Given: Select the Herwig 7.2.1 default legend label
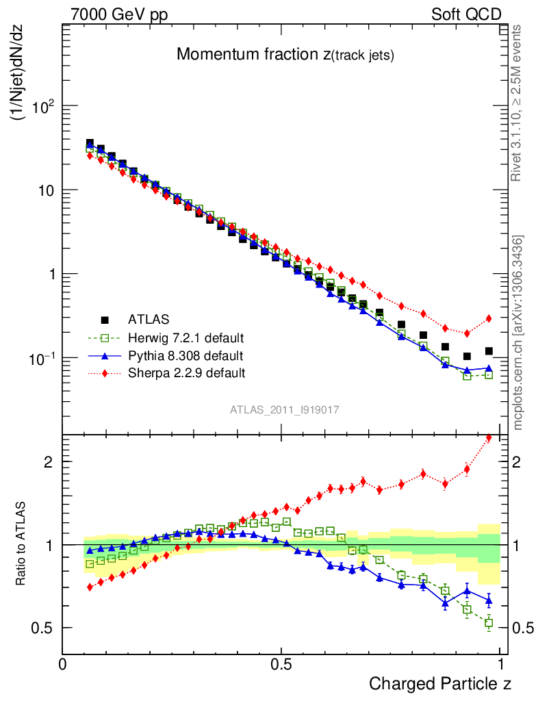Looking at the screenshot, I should tap(187, 337).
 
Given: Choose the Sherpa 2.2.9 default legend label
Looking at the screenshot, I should tap(187, 373).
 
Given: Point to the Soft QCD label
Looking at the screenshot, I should tap(466, 14).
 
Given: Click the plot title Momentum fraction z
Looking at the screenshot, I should tap(285, 55).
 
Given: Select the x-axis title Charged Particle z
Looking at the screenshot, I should tap(440, 683).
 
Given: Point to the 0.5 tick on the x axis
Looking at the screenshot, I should tap(281, 663).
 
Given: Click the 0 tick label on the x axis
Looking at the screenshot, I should tap(62, 663).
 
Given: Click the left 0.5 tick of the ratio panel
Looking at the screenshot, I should tap(43, 628).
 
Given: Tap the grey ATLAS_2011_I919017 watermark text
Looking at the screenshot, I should tap(285, 409).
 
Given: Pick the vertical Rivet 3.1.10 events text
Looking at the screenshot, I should tap(517, 103).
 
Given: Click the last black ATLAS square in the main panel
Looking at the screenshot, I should tap(489, 351).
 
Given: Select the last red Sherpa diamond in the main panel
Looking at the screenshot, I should tap(489, 318).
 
